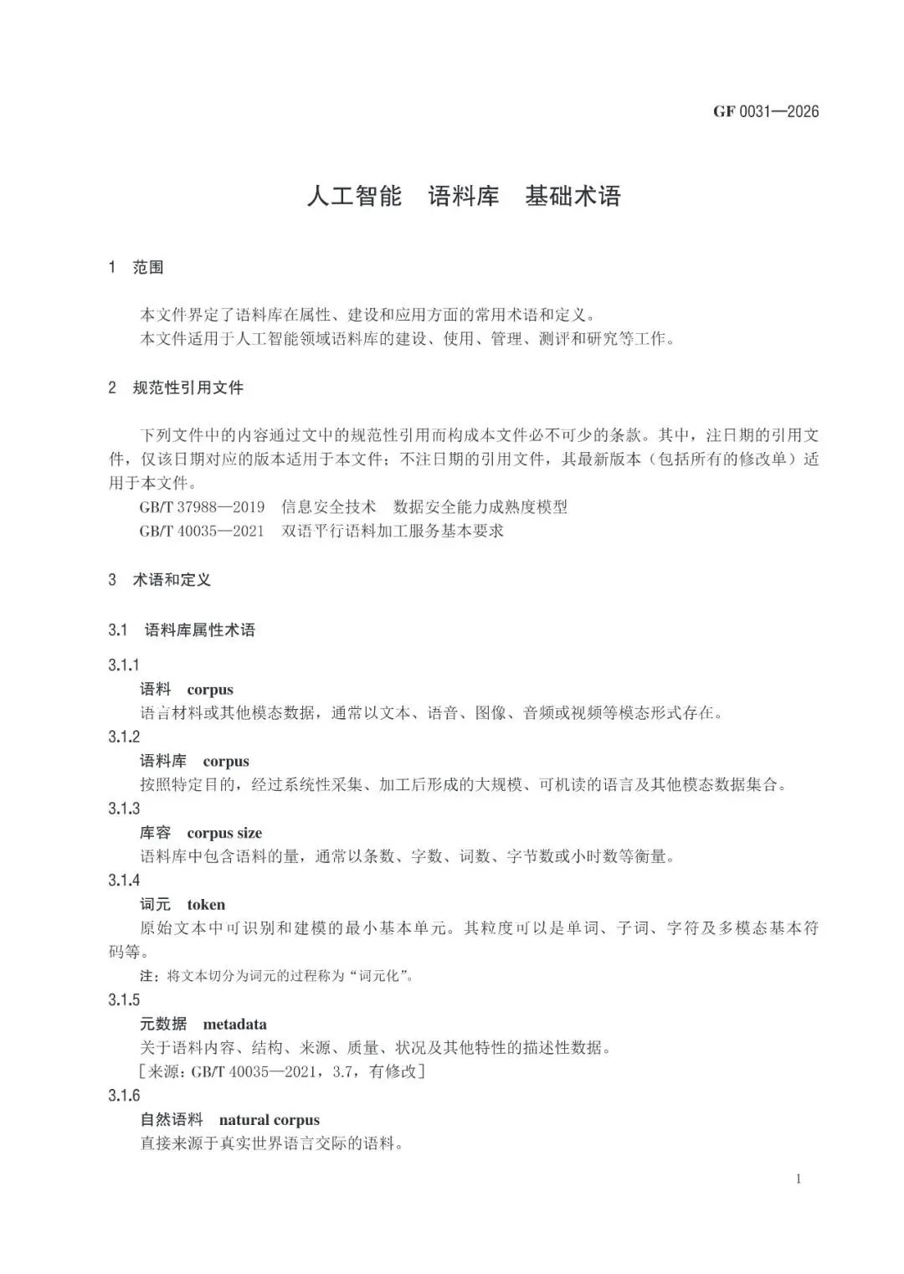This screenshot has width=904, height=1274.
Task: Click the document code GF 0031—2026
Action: tap(766, 111)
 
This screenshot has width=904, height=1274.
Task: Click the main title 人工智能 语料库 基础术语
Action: tap(463, 197)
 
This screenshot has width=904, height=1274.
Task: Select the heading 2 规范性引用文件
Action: tap(176, 388)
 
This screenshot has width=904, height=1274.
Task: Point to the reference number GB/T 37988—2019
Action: tap(202, 507)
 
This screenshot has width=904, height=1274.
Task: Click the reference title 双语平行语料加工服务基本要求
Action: tap(393, 531)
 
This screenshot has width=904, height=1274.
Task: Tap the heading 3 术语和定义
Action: tap(159, 579)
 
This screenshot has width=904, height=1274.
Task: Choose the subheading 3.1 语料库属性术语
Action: tap(182, 629)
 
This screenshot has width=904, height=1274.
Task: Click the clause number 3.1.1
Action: tap(124, 665)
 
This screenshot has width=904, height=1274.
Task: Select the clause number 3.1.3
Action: tap(124, 809)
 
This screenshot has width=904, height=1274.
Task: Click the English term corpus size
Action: tap(224, 833)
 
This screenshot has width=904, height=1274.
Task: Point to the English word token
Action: tap(206, 904)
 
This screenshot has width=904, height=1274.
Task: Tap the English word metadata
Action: tap(234, 1024)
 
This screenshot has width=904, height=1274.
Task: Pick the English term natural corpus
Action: tap(269, 1120)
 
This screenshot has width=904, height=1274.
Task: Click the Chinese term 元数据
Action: tap(163, 1024)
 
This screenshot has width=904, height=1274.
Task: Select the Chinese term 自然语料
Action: tap(171, 1120)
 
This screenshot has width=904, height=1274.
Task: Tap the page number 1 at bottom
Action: tap(799, 1179)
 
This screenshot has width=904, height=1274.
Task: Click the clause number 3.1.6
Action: tap(124, 1096)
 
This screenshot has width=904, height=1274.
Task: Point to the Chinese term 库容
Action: tap(155, 833)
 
